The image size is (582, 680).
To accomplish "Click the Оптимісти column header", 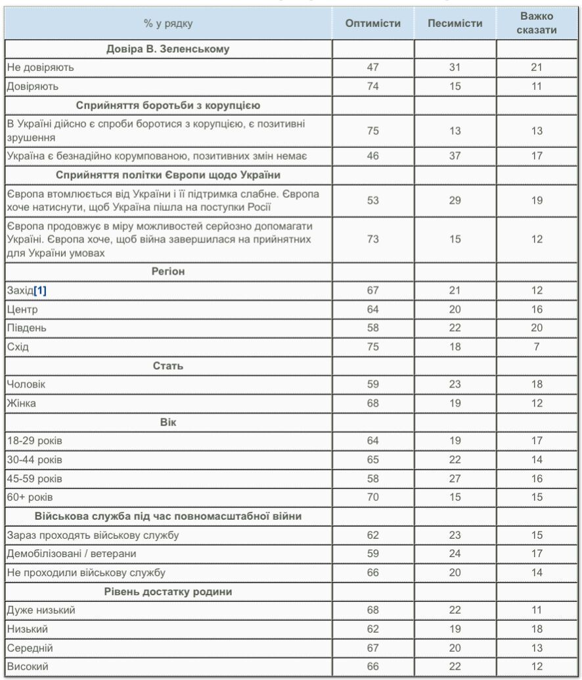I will coord(372,24).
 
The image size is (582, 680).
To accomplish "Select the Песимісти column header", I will coord(455,24).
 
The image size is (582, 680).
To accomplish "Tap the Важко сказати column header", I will coord(537,24).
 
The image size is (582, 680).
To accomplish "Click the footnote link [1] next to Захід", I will coord(40,290).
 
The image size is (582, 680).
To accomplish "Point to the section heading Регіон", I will coord(168,271).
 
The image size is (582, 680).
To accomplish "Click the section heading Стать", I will coord(168,365).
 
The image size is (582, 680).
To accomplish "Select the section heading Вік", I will coord(168,422).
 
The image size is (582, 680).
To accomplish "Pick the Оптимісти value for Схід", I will coord(372,347).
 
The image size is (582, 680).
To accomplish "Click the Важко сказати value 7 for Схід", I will coord(537,347).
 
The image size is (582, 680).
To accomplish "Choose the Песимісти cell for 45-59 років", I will coord(455,478).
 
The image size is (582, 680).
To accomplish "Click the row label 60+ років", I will coord(30,497).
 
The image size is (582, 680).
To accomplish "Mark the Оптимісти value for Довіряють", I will coord(372,86).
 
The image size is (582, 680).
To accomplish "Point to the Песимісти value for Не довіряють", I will coord(455,67).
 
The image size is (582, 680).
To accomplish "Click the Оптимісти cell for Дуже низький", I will coord(372,610).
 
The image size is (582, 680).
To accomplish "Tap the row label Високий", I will coord(27,667).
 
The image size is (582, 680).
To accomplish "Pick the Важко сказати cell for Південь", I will coord(537,328).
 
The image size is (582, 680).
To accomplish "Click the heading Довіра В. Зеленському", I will coord(168,49).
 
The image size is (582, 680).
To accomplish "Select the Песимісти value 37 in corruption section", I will coord(455,156).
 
